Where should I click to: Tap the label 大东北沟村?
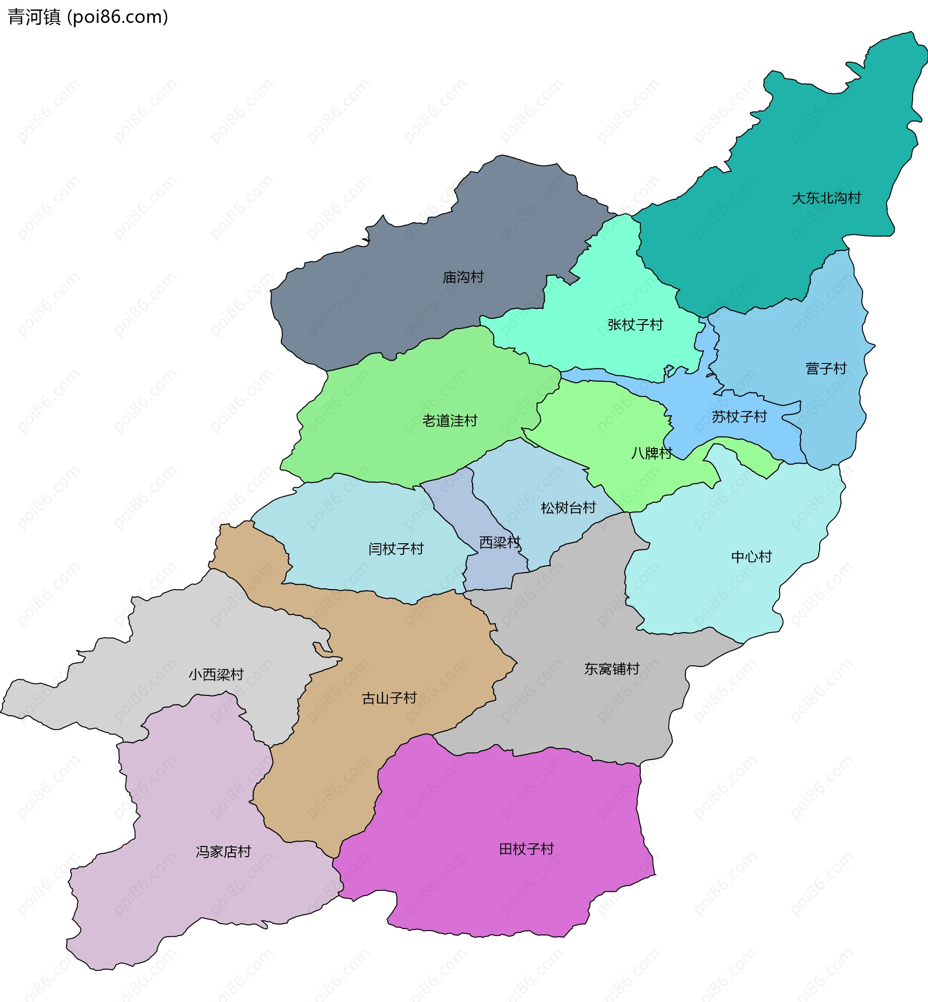[x=826, y=198]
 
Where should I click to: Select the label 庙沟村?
[x=463, y=277]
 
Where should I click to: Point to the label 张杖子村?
[x=635, y=325]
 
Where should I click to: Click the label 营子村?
[x=826, y=369]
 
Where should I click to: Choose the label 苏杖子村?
[x=739, y=416]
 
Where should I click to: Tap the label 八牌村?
[x=652, y=453]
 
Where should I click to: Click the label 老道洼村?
[x=449, y=421]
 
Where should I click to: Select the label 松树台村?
[x=568, y=508]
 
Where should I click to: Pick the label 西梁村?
[x=500, y=542]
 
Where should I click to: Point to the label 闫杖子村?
[x=396, y=549]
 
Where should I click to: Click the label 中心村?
[x=751, y=556]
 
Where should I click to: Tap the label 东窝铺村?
[x=611, y=669]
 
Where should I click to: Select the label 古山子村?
[x=389, y=698]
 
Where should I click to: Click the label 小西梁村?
[x=216, y=674]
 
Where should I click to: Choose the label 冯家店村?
[x=223, y=851]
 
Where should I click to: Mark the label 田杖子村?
[x=526, y=849]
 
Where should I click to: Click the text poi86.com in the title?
[x=118, y=17]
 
